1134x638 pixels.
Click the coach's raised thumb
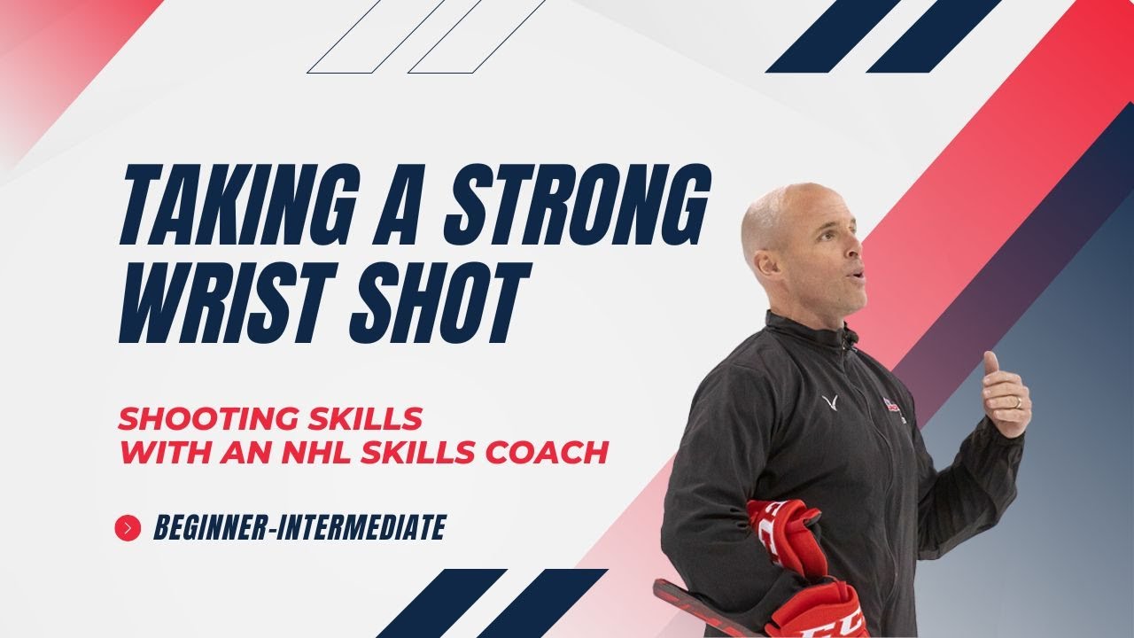(x=990, y=363)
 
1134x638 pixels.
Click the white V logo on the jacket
(x=831, y=404)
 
